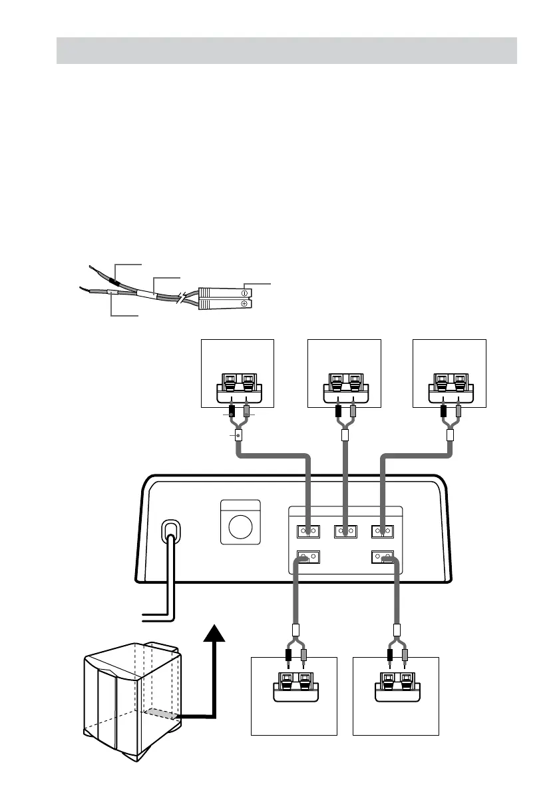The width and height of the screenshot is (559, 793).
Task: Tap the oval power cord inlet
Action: (x=171, y=532)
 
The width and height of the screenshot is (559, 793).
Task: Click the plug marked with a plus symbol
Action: (x=224, y=304)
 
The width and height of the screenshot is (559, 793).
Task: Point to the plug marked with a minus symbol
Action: (x=224, y=292)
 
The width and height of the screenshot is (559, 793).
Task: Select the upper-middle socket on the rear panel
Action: (x=344, y=531)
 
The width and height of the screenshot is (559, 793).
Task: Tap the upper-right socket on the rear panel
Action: (x=381, y=531)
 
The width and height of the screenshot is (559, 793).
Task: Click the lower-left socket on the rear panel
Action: (x=307, y=556)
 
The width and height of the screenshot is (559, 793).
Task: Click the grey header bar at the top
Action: (x=286, y=50)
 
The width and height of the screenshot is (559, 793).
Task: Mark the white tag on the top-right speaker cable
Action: (x=450, y=436)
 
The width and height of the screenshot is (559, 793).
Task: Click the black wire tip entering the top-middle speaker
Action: (x=337, y=411)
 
